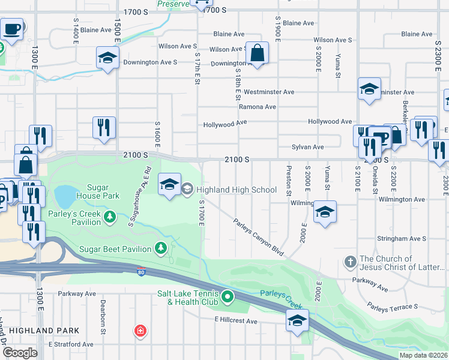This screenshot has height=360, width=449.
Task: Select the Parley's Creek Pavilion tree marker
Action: (x=110, y=216)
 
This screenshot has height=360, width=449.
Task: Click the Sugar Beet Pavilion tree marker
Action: (x=161, y=247)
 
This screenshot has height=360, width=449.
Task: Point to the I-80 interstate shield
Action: (x=141, y=271)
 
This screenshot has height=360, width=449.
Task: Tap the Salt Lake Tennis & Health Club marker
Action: (x=228, y=296)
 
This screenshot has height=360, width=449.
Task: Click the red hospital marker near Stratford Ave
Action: (x=140, y=331)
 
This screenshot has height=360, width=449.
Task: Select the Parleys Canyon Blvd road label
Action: (x=258, y=236)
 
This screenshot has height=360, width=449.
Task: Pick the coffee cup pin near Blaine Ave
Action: (x=12, y=28)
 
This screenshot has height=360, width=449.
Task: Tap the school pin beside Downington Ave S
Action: (x=107, y=58)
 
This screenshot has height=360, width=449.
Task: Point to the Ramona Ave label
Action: (x=257, y=107)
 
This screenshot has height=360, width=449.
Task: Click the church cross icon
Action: (x=350, y=262)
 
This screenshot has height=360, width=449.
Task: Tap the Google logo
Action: (x=20, y=352)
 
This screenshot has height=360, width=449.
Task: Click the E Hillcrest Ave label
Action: (x=236, y=322)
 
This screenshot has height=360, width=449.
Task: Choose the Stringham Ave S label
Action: (x=401, y=238)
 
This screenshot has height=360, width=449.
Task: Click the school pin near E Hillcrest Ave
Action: (x=297, y=320)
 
